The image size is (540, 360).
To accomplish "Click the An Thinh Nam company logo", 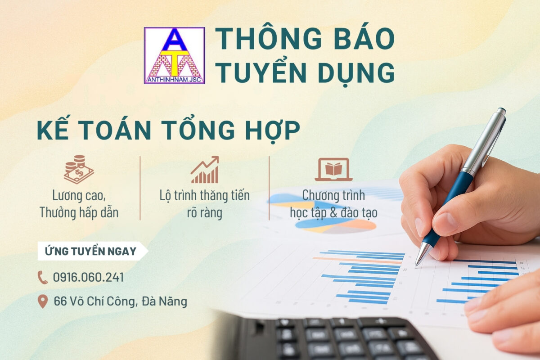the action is click(174, 55).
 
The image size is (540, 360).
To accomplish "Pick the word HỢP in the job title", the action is click(273, 130).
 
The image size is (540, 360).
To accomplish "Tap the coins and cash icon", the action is click(79, 169).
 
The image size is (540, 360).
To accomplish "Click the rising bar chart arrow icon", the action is click(205, 170).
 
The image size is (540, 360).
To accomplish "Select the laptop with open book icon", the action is click(333, 170).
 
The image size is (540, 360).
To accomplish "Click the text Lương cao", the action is click(79, 196).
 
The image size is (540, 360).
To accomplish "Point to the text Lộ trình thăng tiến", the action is click(205, 196).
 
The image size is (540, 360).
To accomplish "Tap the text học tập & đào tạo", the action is click(333, 213).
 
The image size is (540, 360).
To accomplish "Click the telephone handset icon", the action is click(43, 277).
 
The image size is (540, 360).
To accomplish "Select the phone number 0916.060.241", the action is click(89, 277).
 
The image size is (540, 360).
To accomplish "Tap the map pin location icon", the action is click(43, 301).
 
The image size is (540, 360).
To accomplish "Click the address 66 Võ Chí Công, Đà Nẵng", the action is click(120, 301).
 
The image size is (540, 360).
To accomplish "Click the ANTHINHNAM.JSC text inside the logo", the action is click(174, 80).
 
